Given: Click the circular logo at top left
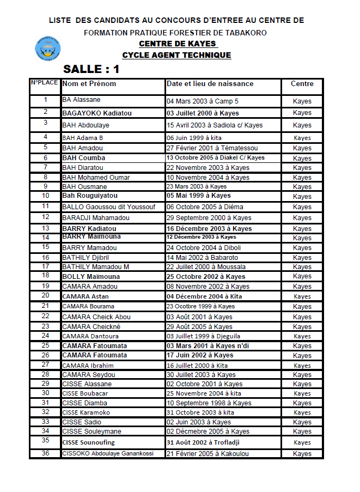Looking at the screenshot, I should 47,48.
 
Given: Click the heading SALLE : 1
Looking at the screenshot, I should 91,69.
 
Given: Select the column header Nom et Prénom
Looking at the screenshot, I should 89,84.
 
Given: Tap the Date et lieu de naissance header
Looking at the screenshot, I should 210,84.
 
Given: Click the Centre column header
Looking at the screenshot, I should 302,84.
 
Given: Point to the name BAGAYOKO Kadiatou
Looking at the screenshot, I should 97,113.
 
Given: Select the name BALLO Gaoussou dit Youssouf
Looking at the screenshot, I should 109,207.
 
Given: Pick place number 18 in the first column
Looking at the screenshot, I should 46,276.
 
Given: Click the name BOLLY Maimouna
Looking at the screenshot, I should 91,277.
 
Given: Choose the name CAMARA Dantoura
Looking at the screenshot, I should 90,336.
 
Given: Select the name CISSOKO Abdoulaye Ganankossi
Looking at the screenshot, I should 108,453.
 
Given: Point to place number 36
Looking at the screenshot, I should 46,453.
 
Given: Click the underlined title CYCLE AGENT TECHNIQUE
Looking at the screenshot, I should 176,55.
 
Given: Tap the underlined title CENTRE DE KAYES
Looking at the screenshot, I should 178,44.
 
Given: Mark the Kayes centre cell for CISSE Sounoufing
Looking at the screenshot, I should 302,442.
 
